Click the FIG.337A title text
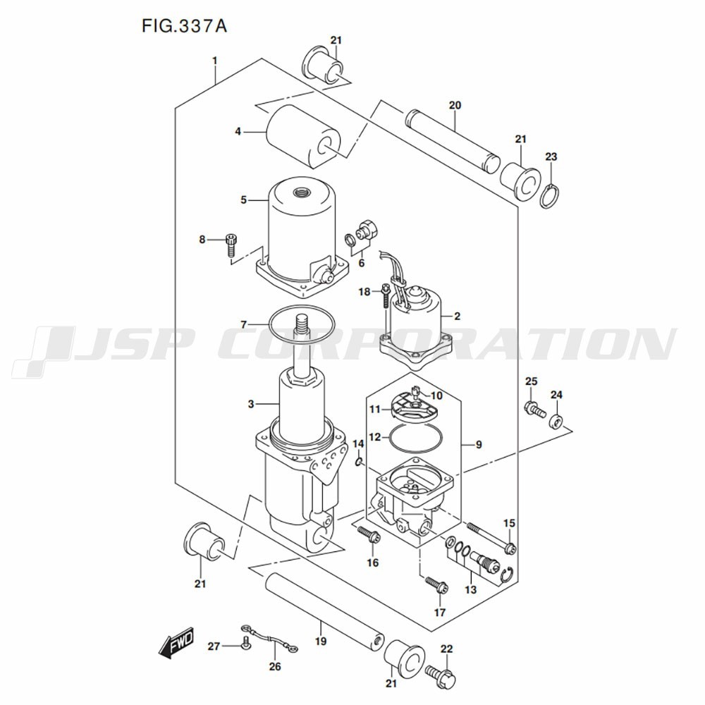184,26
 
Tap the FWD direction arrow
176,642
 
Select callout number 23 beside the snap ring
551,157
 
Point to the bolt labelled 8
231,245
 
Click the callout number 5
243,200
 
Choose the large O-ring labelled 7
301,323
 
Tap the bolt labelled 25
535,407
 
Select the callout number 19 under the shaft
321,641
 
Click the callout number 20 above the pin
455,105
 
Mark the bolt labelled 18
386,296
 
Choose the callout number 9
479,445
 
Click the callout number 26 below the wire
275,666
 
